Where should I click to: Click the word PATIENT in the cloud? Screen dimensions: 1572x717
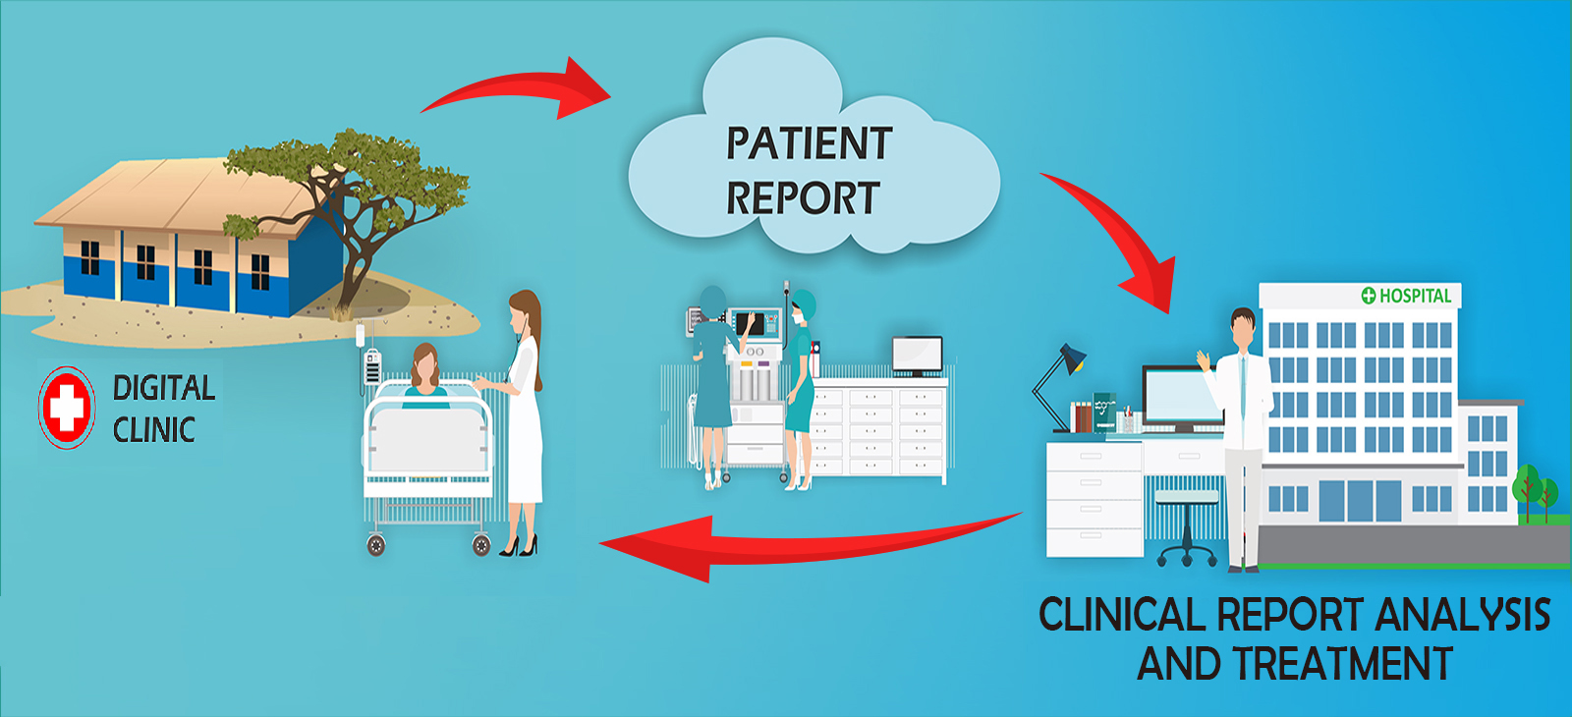click(810, 143)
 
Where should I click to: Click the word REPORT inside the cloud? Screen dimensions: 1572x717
click(803, 197)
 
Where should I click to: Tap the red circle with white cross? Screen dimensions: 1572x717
click(67, 408)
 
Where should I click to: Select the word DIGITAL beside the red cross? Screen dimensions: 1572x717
click(164, 389)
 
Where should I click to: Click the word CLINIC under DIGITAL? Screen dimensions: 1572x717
click(153, 430)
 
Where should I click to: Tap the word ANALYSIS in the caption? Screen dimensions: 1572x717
click(1463, 615)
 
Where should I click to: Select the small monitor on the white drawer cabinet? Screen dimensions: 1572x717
click(918, 356)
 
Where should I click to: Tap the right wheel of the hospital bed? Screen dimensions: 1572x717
click(481, 544)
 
